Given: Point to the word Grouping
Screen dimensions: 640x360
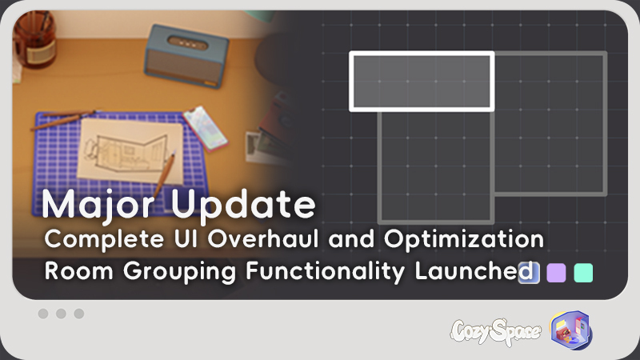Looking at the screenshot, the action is pyautogui.click(x=179, y=272).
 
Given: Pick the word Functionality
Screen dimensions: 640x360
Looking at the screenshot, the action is pyautogui.click(x=326, y=272).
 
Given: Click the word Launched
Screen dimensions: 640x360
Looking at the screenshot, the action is pyautogui.click(x=474, y=271).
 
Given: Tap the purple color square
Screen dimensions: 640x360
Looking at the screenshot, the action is pyautogui.click(x=556, y=273).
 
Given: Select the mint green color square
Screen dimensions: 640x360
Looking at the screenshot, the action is pyautogui.click(x=583, y=273).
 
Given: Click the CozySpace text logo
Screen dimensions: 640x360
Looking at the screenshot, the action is pyautogui.click(x=496, y=331).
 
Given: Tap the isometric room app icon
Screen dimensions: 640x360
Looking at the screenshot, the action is pyautogui.click(x=571, y=330).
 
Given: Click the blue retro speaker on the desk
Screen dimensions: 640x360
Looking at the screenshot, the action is pyautogui.click(x=186, y=56).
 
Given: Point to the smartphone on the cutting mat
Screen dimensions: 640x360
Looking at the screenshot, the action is pyautogui.click(x=205, y=129).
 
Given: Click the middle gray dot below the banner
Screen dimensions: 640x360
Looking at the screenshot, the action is pyautogui.click(x=62, y=314).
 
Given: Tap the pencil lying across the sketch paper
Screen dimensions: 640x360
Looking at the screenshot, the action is pyautogui.click(x=164, y=174).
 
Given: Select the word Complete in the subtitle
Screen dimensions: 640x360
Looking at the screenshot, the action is pyautogui.click(x=104, y=239).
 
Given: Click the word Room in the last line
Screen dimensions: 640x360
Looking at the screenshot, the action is pyautogui.click(x=78, y=271).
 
